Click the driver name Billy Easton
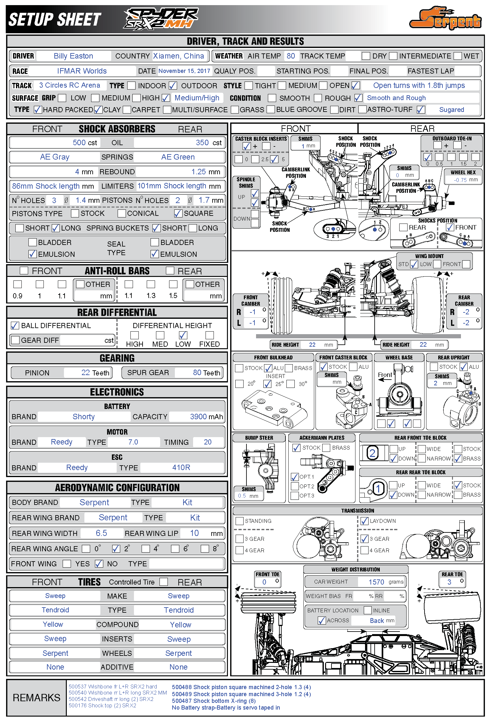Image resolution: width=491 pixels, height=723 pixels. pyautogui.click(x=73, y=56)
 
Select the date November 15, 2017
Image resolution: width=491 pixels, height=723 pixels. pyautogui.click(x=184, y=71)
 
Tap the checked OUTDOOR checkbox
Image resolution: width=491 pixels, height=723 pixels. pyautogui.click(x=173, y=86)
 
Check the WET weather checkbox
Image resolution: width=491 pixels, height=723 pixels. pyautogui.click(x=458, y=56)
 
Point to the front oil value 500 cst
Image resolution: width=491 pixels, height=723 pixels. pyautogui.click(x=84, y=143)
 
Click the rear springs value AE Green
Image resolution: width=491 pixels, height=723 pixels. pyautogui.click(x=178, y=157)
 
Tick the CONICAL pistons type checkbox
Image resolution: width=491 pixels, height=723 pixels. pyautogui.click(x=121, y=213)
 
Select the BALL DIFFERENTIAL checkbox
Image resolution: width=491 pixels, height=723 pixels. pyautogui.click(x=15, y=326)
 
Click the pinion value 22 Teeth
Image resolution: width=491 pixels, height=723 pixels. pyautogui.click(x=95, y=373)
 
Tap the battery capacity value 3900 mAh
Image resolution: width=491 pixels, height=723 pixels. pyautogui.click(x=206, y=417)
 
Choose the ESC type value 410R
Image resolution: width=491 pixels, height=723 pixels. pyautogui.click(x=181, y=468)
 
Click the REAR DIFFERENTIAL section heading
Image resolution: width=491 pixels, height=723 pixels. pyautogui.click(x=117, y=312)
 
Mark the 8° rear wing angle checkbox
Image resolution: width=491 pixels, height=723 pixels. pyautogui.click(x=205, y=549)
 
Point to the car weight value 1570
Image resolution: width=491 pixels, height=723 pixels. pyautogui.click(x=376, y=582)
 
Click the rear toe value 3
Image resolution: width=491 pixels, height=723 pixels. pyautogui.click(x=449, y=582)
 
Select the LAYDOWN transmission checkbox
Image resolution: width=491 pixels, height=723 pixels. pyautogui.click(x=364, y=521)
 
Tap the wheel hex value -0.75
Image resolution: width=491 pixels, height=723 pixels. pyautogui.click(x=460, y=180)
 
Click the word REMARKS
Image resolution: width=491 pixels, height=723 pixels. pyautogui.click(x=36, y=698)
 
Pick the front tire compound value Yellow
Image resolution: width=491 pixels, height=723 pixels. pyautogui.click(x=53, y=624)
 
